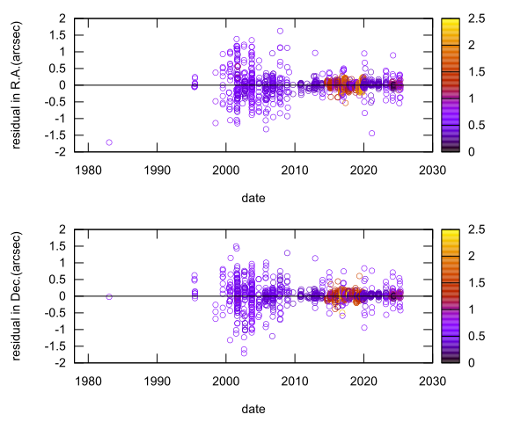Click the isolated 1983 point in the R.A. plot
109,142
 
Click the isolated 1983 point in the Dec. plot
109,296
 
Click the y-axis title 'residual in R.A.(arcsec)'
17,84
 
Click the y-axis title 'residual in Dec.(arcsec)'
17,295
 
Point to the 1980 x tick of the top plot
88,169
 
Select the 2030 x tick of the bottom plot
431,380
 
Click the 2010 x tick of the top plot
294,169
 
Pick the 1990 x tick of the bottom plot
157,380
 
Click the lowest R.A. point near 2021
372,134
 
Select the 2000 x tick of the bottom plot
225,380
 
